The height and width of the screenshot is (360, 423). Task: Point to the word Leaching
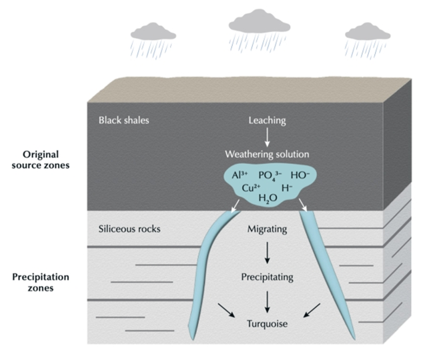[267, 121]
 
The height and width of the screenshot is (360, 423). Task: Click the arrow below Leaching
[267, 138]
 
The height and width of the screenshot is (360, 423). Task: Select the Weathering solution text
[267, 155]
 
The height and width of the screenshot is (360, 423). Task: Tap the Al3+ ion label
[240, 175]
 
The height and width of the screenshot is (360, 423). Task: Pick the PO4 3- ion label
[272, 175]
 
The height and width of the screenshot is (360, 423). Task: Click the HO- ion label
[299, 175]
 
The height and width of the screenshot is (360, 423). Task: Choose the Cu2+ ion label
[252, 187]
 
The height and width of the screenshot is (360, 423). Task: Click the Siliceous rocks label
[129, 230]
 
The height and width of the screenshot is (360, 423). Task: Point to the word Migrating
[267, 230]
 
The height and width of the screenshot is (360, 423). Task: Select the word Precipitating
[267, 275]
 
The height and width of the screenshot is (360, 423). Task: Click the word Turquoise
[267, 324]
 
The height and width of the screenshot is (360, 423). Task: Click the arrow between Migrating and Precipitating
[267, 253]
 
